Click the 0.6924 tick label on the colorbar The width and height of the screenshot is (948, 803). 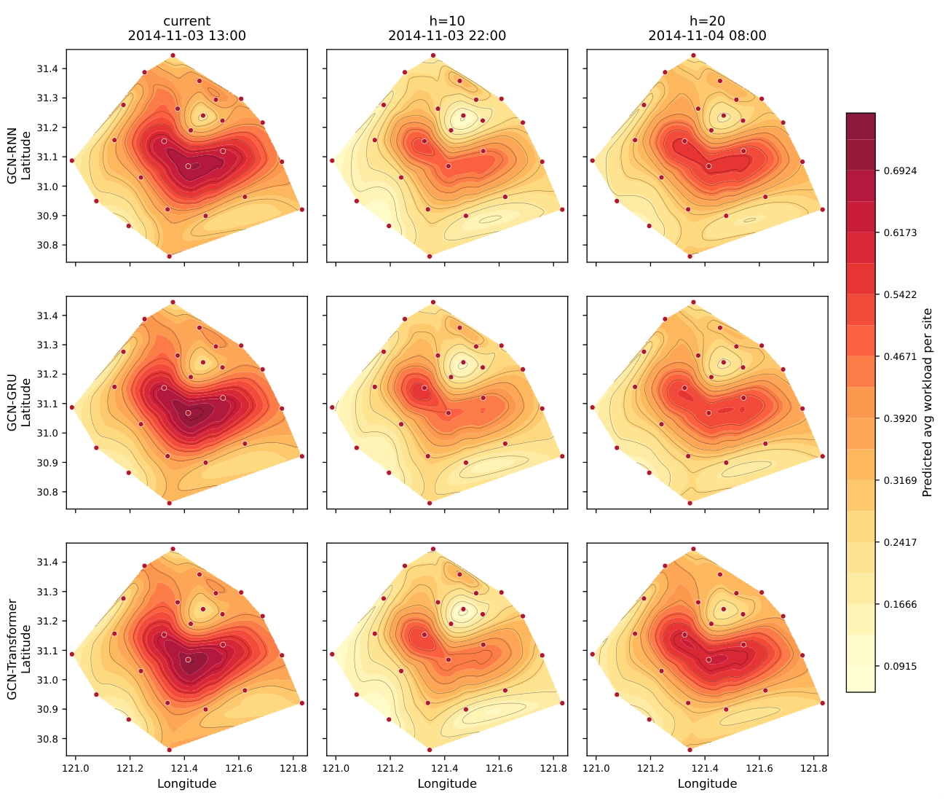(900, 171)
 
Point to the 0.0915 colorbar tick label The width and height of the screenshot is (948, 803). (900, 666)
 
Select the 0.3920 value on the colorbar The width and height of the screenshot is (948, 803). (900, 419)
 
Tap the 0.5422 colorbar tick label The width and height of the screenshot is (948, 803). (900, 295)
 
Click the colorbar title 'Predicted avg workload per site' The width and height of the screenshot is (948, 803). (927, 403)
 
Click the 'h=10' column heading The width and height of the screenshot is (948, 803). (447, 21)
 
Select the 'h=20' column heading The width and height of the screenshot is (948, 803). (707, 21)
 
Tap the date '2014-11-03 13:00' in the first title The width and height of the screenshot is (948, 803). (186, 36)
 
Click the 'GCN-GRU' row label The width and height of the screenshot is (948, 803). (12, 402)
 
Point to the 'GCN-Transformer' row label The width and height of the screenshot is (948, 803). (12, 649)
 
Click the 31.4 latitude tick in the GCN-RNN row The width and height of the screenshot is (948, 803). (45, 69)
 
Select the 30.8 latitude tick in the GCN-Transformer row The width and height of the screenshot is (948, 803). (45, 739)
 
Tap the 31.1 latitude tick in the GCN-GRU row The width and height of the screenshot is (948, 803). (45, 404)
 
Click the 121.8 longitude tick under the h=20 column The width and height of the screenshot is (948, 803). (813, 769)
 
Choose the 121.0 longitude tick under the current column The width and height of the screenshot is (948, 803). (76, 769)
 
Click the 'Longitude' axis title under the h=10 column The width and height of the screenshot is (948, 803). (447, 784)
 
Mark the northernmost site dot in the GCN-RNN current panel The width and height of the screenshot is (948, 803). (173, 55)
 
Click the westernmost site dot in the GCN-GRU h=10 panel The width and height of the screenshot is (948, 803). (332, 407)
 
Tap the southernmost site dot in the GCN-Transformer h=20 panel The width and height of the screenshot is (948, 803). (690, 750)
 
